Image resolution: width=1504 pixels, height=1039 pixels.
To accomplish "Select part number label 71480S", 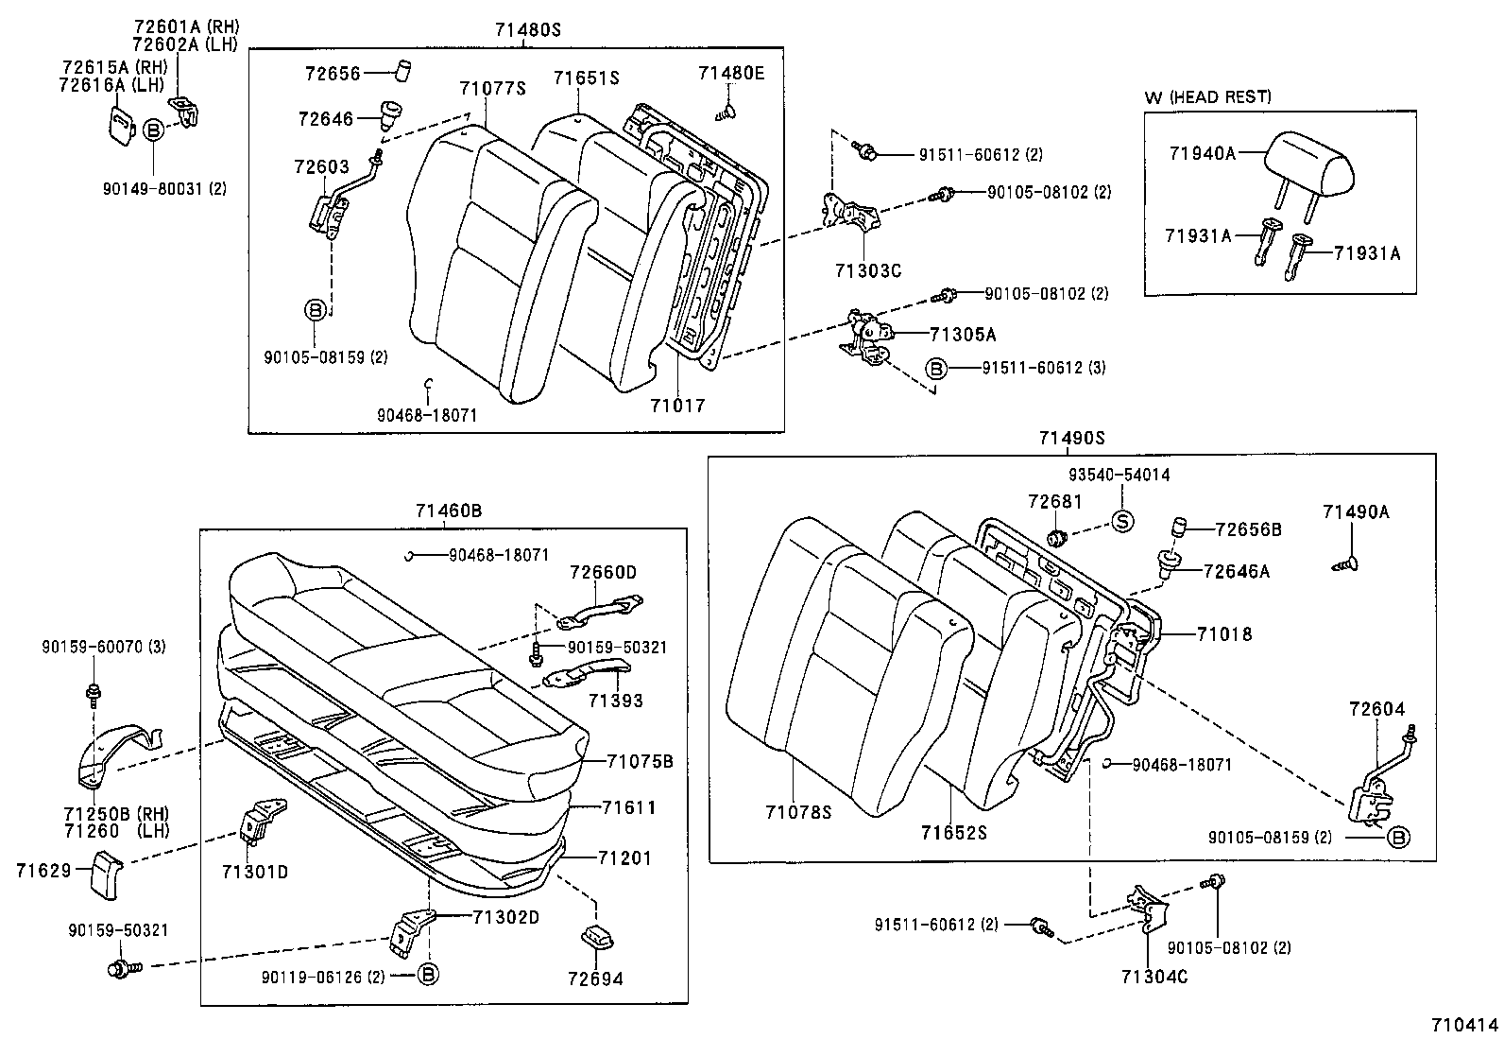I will pos(527,30).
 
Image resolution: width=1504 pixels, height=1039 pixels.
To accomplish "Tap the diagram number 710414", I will pos(1464,1024).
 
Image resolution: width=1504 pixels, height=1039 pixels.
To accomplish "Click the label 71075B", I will pos(640,761).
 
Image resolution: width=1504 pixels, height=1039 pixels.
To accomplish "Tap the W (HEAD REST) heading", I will pos(1208,96).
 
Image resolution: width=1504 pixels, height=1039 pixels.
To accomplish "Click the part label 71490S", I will pos(1071,438).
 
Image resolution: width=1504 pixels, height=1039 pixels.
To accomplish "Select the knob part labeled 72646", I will pos(389,115).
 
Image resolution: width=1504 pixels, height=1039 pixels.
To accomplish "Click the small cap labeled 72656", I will pos(406,71).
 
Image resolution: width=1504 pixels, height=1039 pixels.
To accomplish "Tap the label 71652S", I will pos(954,832).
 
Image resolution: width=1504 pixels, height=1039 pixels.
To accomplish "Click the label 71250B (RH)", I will pos(97,814).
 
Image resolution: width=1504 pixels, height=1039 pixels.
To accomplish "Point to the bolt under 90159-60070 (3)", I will pos(94,695).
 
